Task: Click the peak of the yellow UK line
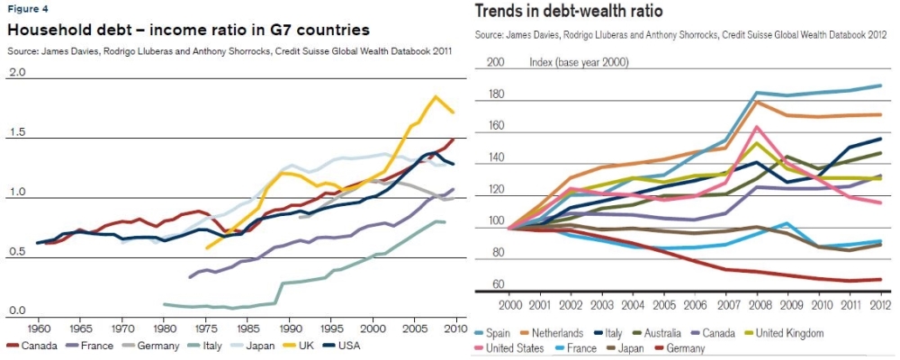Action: pyautogui.click(x=436, y=96)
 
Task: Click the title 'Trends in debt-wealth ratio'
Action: pyautogui.click(x=569, y=12)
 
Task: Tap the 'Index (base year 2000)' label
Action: pyautogui.click(x=579, y=62)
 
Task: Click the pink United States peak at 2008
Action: pyautogui.click(x=758, y=127)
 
